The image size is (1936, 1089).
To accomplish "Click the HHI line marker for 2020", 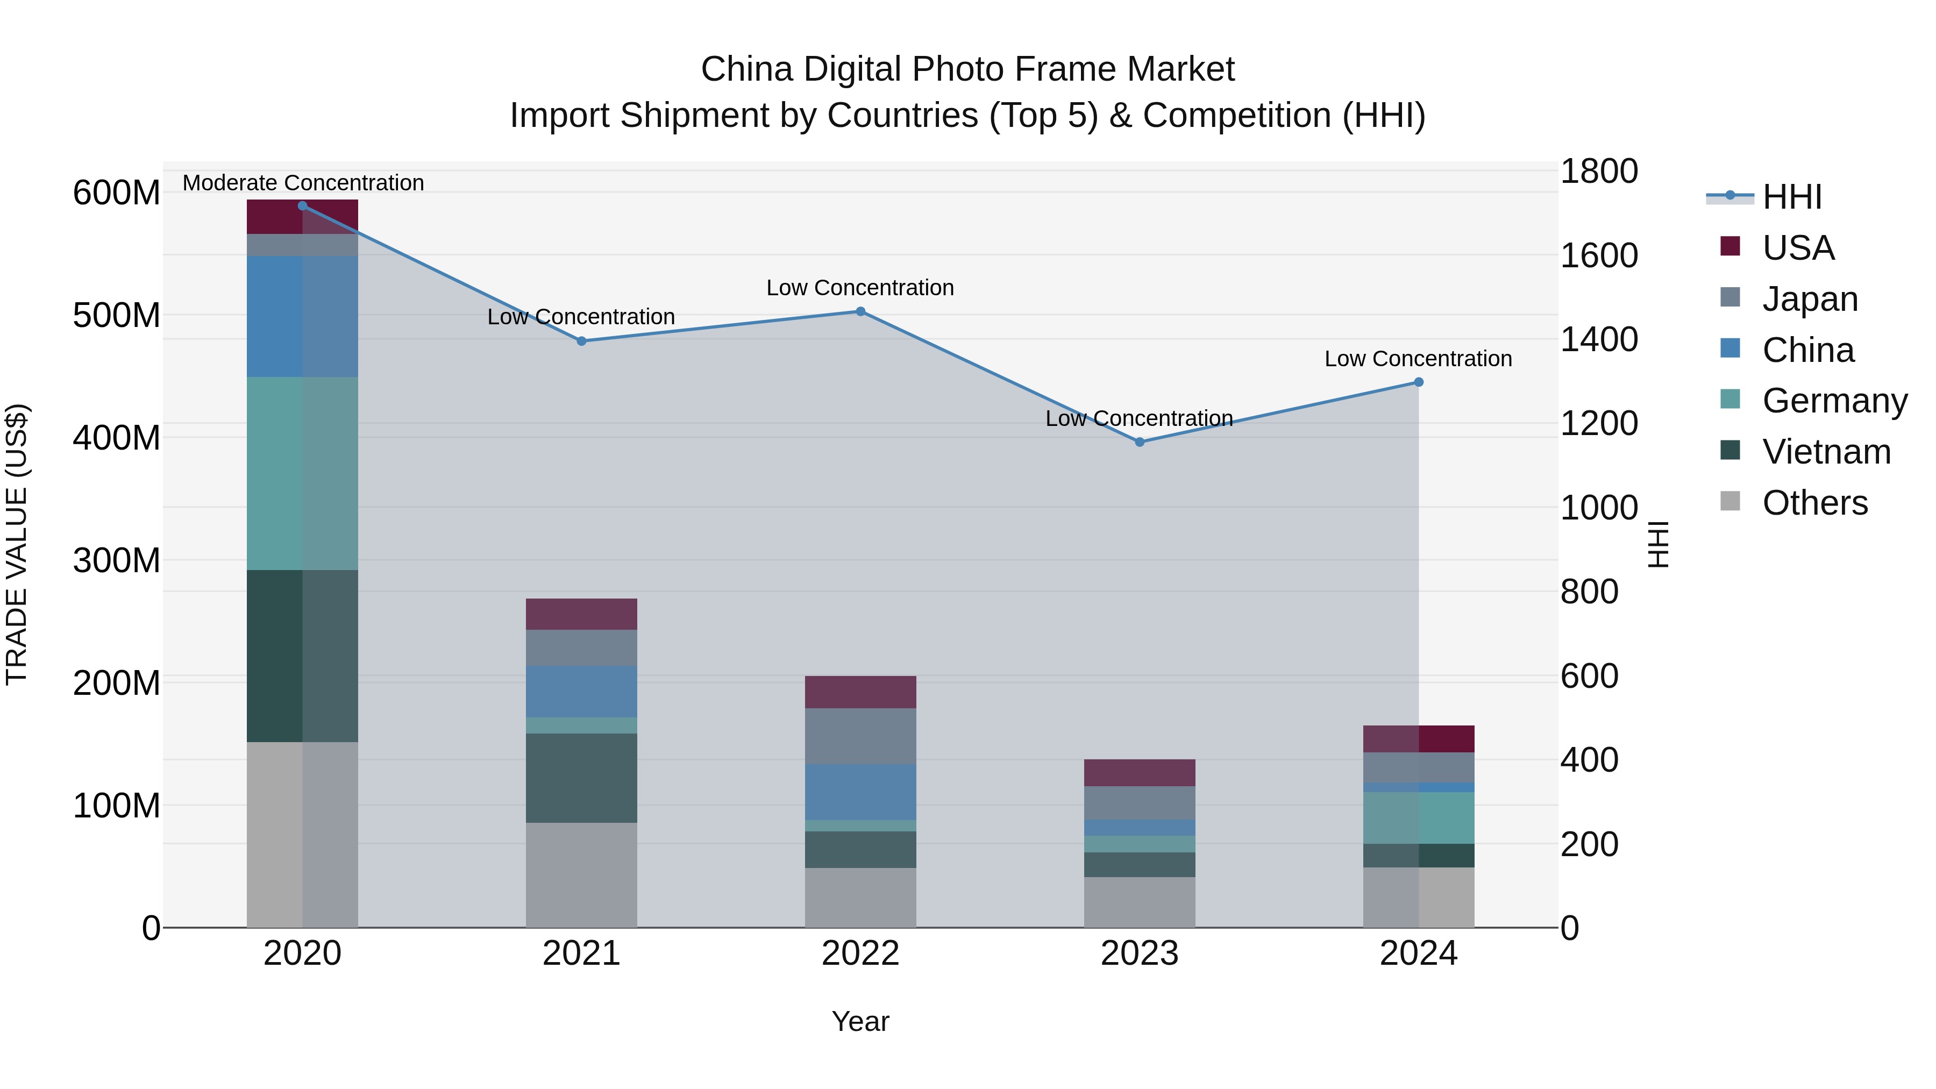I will click(302, 206).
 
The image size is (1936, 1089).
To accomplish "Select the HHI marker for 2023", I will click(1140, 442).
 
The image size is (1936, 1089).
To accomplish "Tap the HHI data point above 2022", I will click(860, 311).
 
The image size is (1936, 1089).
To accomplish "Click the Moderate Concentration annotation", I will click(303, 183).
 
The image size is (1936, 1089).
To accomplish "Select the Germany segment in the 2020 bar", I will click(302, 473).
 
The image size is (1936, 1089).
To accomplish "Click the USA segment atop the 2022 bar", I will click(860, 692).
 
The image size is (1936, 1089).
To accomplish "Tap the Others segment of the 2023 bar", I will click(1140, 902).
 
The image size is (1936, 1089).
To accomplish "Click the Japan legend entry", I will click(1809, 299).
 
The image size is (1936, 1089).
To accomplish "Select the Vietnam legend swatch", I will click(1729, 451).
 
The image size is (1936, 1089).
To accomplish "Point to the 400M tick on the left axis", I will click(117, 437).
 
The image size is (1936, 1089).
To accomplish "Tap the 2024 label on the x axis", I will click(1418, 953).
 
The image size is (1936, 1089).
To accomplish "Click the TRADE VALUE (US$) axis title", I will click(17, 544).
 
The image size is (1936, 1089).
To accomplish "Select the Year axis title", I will click(860, 1021).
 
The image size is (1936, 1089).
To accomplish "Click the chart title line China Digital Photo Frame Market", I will click(967, 69).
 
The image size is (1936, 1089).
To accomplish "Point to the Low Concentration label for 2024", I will click(1418, 359).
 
